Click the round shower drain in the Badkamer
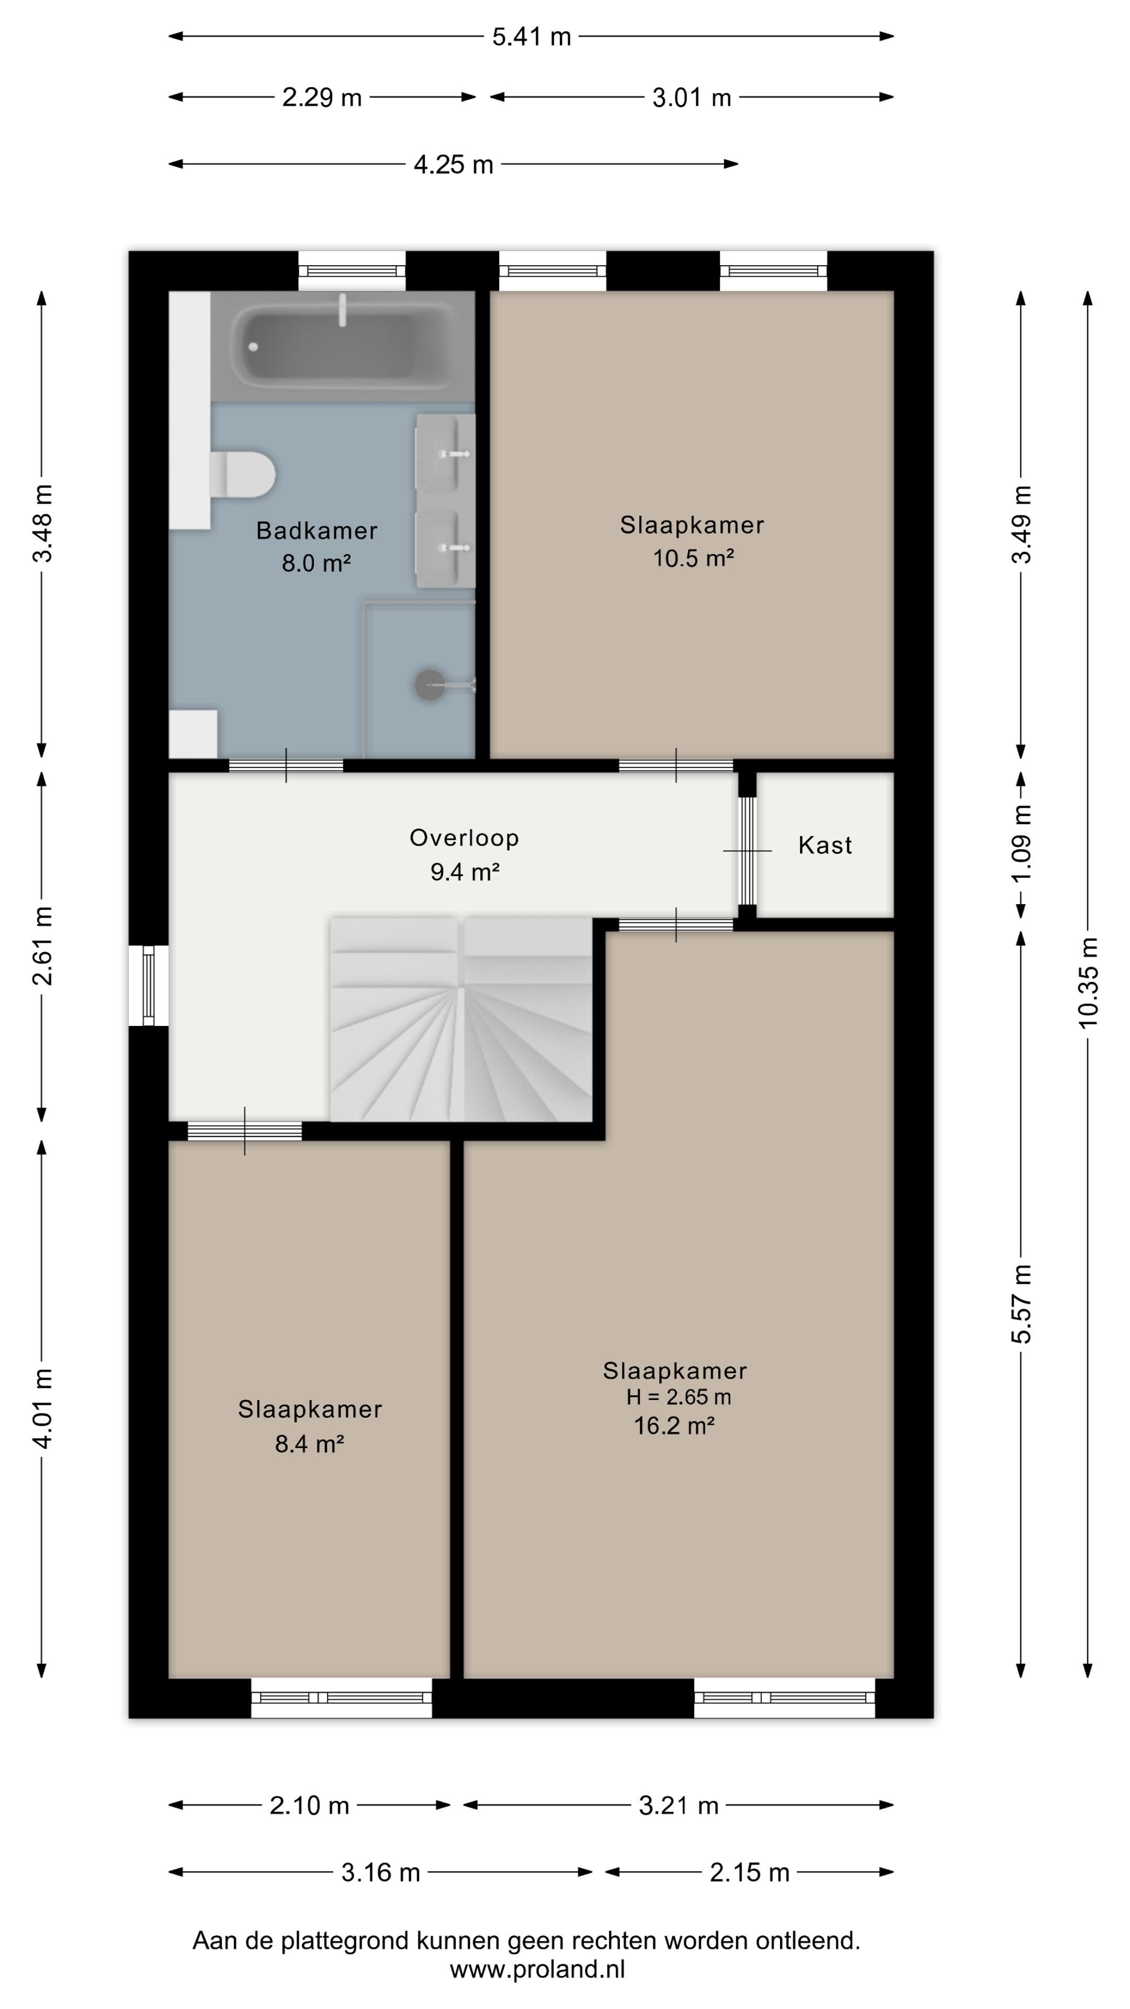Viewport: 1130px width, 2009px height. tap(428, 685)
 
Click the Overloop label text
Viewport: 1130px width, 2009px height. tap(464, 838)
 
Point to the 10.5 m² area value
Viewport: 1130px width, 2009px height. tap(693, 558)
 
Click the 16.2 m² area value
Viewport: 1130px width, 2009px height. tap(674, 1426)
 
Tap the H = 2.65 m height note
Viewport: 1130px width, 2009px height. tap(679, 1397)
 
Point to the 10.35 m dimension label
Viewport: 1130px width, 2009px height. tap(1088, 983)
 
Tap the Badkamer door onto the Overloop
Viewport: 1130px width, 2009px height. tap(286, 765)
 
